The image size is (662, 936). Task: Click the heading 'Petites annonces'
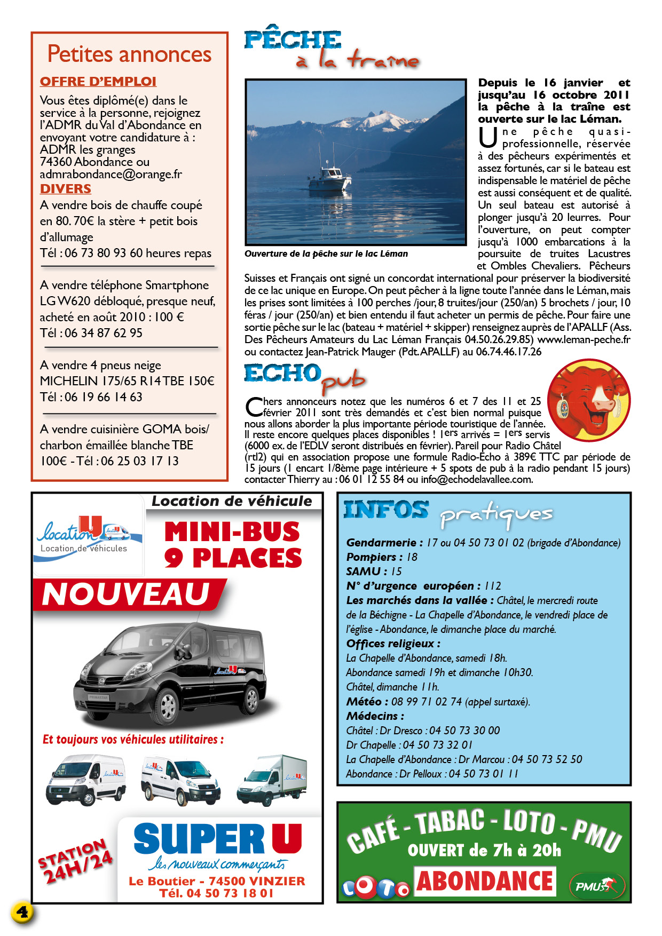[129, 54]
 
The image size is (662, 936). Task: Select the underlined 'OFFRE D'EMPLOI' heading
[98, 82]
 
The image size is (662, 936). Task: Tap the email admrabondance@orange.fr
[111, 174]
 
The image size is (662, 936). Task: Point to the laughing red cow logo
[589, 400]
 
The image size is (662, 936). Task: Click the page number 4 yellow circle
[22, 911]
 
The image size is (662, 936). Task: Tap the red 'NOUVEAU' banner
[126, 594]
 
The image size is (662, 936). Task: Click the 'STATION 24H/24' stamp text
[75, 860]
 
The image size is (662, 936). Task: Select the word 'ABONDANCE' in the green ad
[484, 882]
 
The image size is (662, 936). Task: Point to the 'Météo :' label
[364, 701]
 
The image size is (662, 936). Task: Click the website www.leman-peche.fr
[584, 340]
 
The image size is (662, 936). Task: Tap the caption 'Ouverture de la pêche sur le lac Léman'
[326, 254]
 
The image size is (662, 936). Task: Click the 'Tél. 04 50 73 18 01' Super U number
[216, 893]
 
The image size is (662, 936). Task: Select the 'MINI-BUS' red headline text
[232, 532]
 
